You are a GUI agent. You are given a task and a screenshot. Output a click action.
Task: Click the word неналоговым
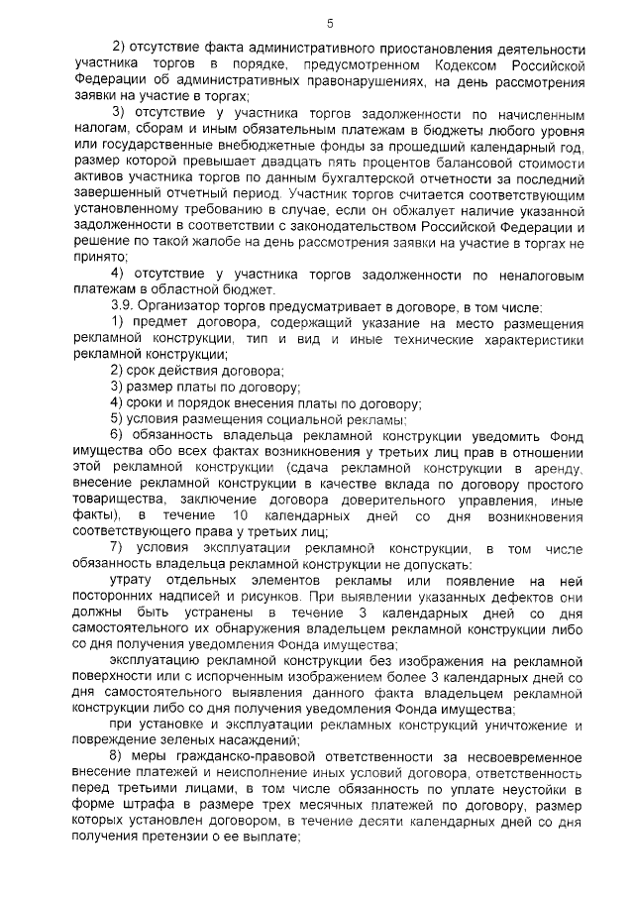click(x=530, y=274)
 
